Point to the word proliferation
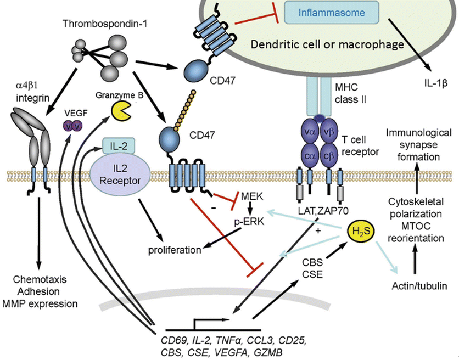[x=174, y=250]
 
